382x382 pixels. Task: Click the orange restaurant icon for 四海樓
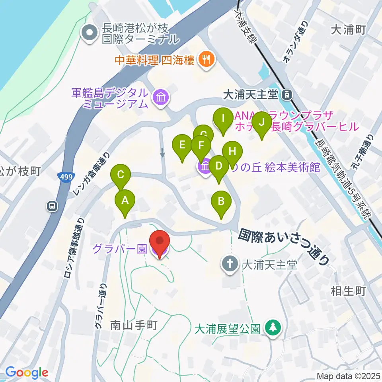[206, 60]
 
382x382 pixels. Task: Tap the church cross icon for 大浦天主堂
[230, 264]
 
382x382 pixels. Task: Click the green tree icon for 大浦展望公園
[273, 328]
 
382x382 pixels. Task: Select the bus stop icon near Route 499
[52, 206]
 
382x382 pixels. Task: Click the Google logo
[27, 372]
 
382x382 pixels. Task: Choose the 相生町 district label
[348, 291]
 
